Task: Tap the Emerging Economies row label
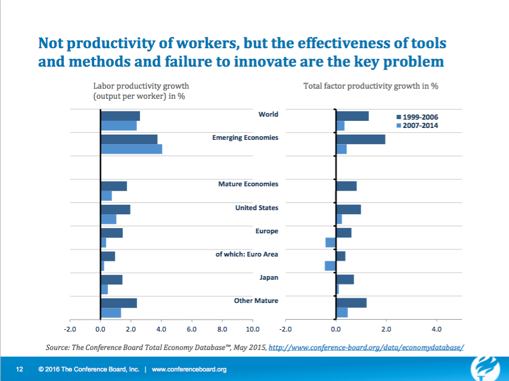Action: pos(245,138)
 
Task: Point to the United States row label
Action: pos(256,208)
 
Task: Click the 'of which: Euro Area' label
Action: pos(247,254)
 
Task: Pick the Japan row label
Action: pos(268,277)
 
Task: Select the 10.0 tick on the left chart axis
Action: pos(253,328)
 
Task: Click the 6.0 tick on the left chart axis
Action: pos(192,328)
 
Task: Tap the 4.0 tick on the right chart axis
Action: pos(436,328)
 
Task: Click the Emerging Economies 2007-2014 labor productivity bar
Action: pos(131,149)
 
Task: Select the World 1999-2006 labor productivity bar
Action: pos(120,116)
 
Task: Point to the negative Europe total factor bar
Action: pos(330,242)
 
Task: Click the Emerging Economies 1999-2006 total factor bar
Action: pos(361,139)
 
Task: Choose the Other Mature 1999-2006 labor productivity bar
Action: pos(119,303)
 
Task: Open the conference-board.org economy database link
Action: pos(366,347)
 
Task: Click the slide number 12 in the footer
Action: pos(19,370)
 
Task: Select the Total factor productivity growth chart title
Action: pos(371,86)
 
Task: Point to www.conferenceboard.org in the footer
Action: pos(189,370)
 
